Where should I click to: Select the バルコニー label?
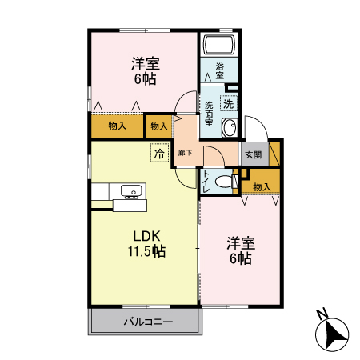click(144, 323)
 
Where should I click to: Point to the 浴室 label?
click(218, 71)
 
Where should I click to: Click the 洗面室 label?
click(208, 114)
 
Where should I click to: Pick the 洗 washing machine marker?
click(229, 102)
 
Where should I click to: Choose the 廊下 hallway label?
click(185, 152)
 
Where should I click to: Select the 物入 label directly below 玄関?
click(262, 186)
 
